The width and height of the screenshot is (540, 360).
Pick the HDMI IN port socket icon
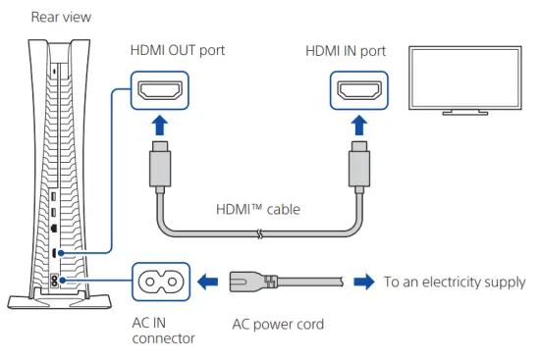[x=359, y=91]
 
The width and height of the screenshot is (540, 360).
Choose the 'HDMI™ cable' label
[x=258, y=209]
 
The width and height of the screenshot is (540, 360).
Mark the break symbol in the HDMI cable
[x=257, y=234]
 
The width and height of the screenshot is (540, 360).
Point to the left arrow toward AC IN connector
[x=207, y=282]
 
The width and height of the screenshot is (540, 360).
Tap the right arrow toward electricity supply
[x=363, y=282]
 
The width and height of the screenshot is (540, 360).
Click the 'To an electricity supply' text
[x=455, y=282]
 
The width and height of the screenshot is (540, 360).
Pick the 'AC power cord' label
[x=277, y=323]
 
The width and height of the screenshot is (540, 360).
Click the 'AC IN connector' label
[x=163, y=331]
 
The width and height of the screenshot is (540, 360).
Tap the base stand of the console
[x=47, y=297]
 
